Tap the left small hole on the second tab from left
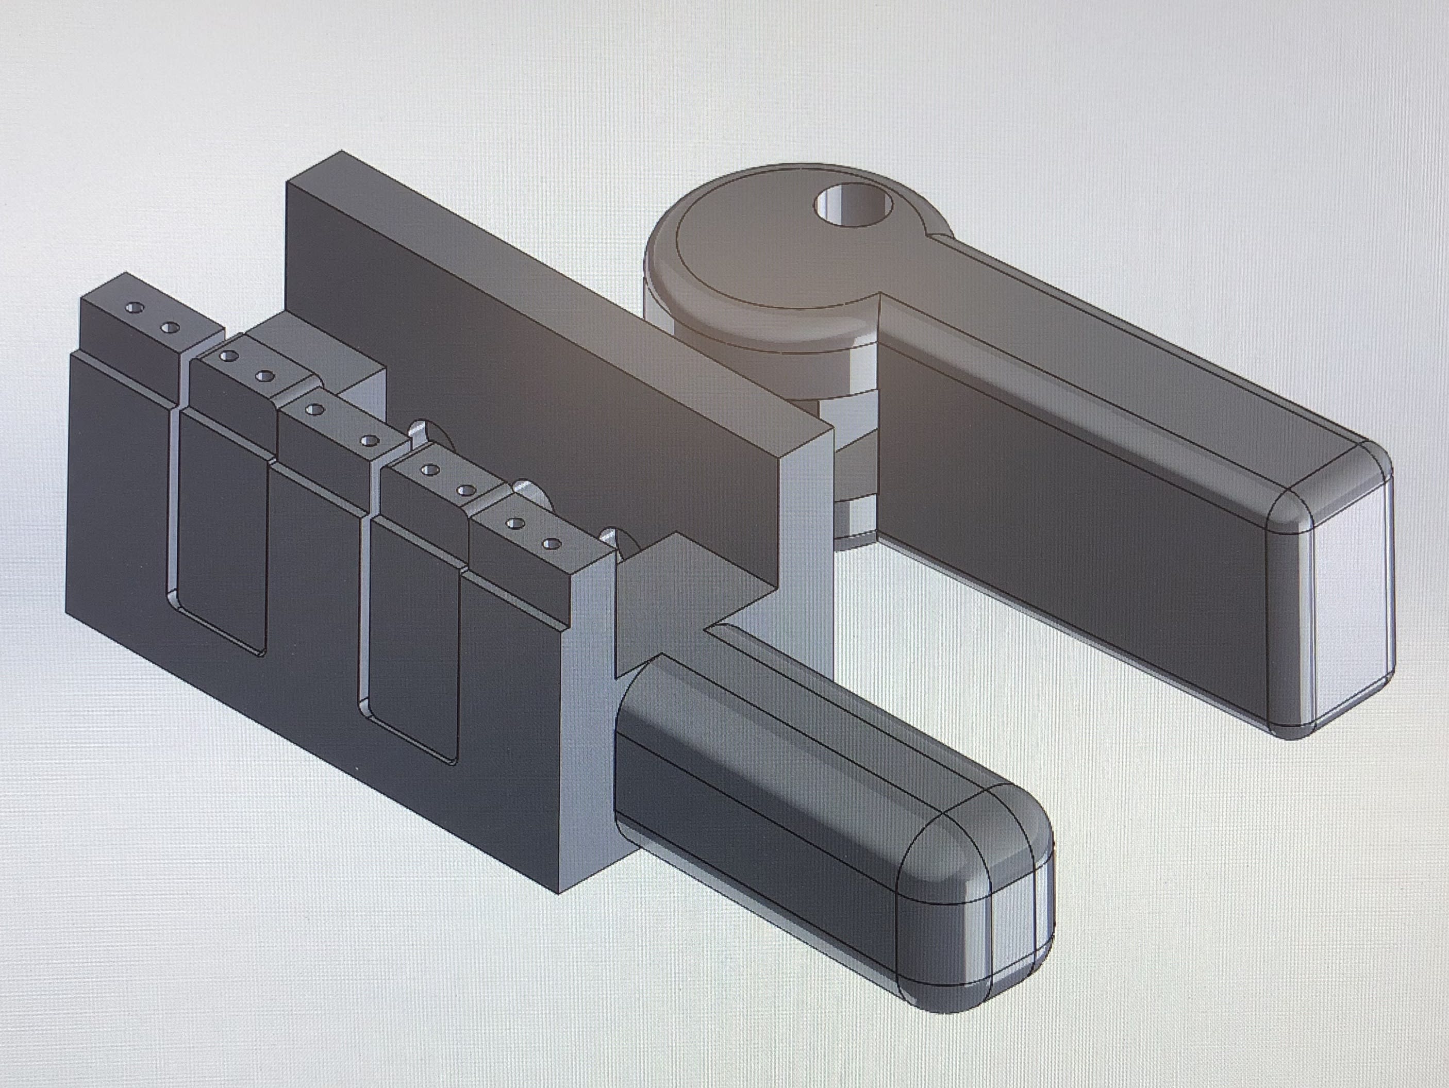coord(229,356)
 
